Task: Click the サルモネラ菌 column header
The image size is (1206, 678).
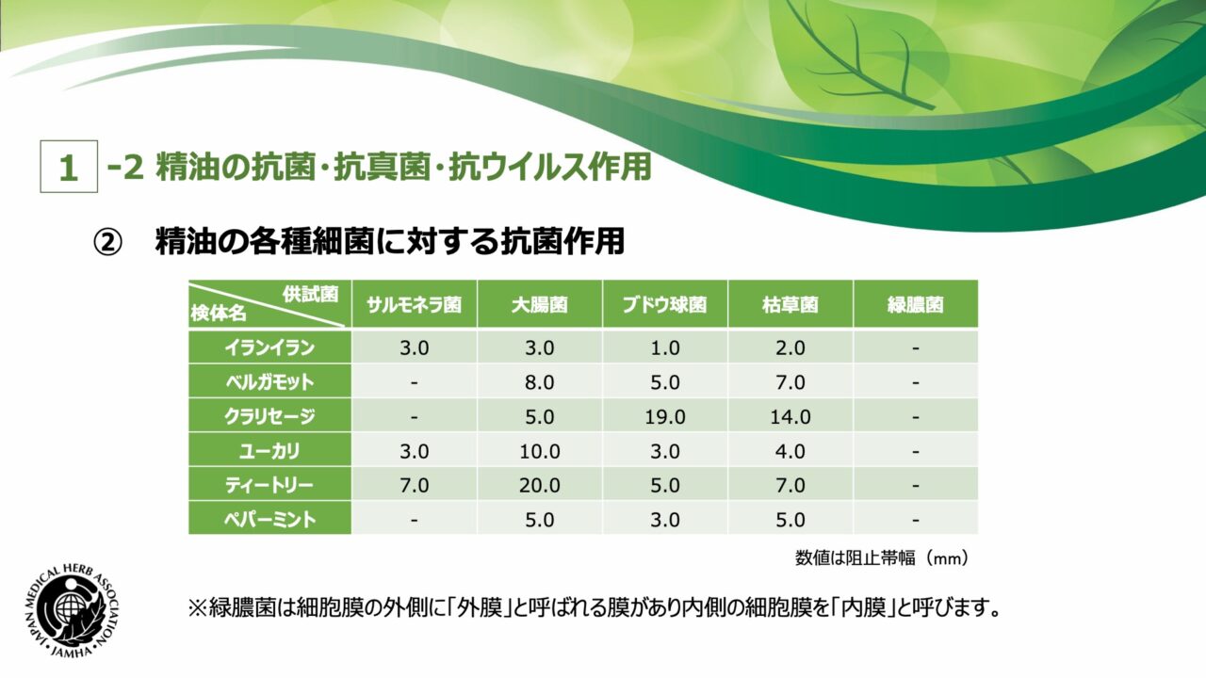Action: tap(414, 305)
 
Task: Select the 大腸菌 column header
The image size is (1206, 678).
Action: tap(540, 305)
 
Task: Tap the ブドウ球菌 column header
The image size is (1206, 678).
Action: tap(665, 305)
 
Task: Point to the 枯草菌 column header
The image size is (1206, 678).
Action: tap(790, 305)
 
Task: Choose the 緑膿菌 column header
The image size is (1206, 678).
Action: tap(915, 305)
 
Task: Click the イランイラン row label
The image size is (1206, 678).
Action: tap(269, 347)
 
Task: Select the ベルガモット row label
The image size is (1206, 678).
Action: tap(269, 382)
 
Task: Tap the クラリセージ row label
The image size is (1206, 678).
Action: tap(269, 416)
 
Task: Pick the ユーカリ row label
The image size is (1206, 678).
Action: tap(269, 451)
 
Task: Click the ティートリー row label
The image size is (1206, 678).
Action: tap(269, 485)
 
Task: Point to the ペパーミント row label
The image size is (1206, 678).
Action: tap(269, 520)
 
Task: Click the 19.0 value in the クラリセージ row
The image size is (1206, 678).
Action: tap(665, 417)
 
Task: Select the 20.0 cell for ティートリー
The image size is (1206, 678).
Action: tap(540, 485)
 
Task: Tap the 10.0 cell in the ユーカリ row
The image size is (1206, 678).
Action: tap(540, 451)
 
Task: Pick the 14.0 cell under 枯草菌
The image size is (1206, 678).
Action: tap(790, 417)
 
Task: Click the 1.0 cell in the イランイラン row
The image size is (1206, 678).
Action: tap(665, 348)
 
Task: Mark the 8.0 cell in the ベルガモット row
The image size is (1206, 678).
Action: tap(540, 382)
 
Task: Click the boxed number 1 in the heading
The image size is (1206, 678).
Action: tap(69, 167)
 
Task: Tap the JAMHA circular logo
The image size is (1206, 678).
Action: tap(73, 612)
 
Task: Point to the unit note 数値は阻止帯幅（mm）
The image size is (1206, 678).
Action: tap(882, 558)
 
